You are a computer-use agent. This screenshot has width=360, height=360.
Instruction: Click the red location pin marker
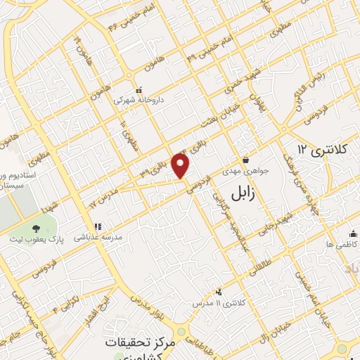coord(181,167)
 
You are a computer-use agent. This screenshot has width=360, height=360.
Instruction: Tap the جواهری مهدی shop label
coord(245,171)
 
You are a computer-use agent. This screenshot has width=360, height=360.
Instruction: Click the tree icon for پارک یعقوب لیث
coord(37,227)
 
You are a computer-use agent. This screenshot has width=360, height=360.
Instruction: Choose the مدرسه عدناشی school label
coord(98,237)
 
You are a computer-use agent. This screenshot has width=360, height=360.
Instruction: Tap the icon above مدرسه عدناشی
coord(98,226)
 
